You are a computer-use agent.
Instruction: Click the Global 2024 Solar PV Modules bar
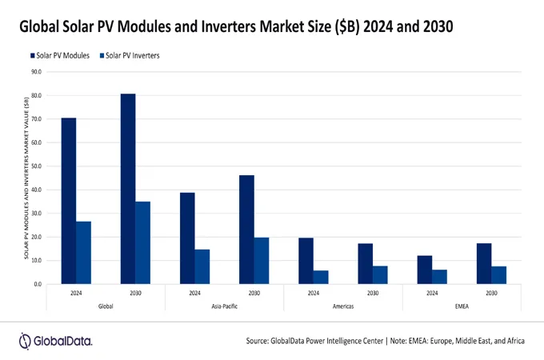coord(69,201)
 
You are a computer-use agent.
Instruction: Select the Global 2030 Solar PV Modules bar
coord(128,189)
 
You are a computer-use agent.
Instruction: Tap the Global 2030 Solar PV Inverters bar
coord(142,242)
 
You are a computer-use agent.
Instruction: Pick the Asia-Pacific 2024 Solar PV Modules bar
coord(187,238)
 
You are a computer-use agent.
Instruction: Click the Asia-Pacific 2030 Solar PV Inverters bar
coord(261,260)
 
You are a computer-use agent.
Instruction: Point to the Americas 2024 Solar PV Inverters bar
coord(321,277)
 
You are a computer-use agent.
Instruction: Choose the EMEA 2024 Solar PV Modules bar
coord(424,270)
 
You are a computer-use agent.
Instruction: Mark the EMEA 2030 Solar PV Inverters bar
coord(498,274)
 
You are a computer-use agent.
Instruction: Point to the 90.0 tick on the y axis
coord(36,72)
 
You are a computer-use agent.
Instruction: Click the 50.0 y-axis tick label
coord(36,166)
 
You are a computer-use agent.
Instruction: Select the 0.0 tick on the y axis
coord(38,284)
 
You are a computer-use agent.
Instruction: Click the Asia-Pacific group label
coord(224,305)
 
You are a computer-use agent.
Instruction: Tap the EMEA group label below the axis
coord(462,305)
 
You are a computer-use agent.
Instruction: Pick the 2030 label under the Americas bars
coord(373,294)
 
